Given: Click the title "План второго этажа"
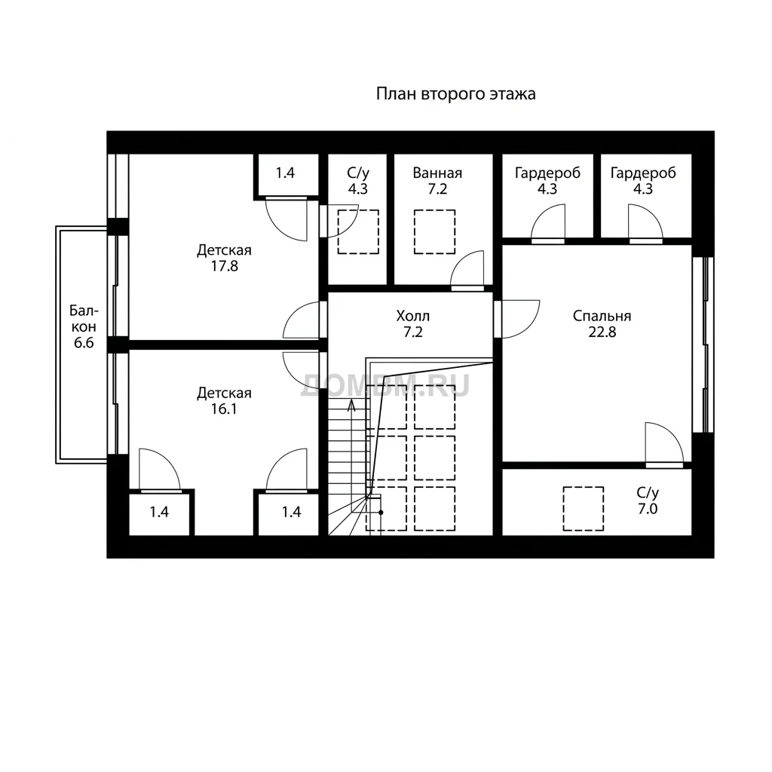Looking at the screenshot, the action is [x=455, y=93].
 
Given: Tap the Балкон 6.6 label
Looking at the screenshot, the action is [x=84, y=326].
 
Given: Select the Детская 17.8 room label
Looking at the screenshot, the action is [x=224, y=258].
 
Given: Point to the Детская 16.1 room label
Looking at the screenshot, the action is [x=224, y=401].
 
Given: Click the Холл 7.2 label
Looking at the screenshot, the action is [x=412, y=323].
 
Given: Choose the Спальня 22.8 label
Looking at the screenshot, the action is [x=602, y=323].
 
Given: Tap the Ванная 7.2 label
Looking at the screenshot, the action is [x=437, y=181].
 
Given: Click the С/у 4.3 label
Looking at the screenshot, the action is [x=358, y=181].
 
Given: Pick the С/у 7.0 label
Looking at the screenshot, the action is [x=648, y=501].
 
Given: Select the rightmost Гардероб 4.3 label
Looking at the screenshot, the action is [x=643, y=181].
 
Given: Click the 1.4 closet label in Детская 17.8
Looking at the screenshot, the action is [x=285, y=173].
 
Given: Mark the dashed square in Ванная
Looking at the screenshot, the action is [x=434, y=232].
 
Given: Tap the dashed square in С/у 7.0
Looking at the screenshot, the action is [x=584, y=509].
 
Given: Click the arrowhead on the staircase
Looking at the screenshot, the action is [x=351, y=406].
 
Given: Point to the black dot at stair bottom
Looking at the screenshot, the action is [x=381, y=513].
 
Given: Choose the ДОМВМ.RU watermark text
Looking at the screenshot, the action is [x=385, y=385].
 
